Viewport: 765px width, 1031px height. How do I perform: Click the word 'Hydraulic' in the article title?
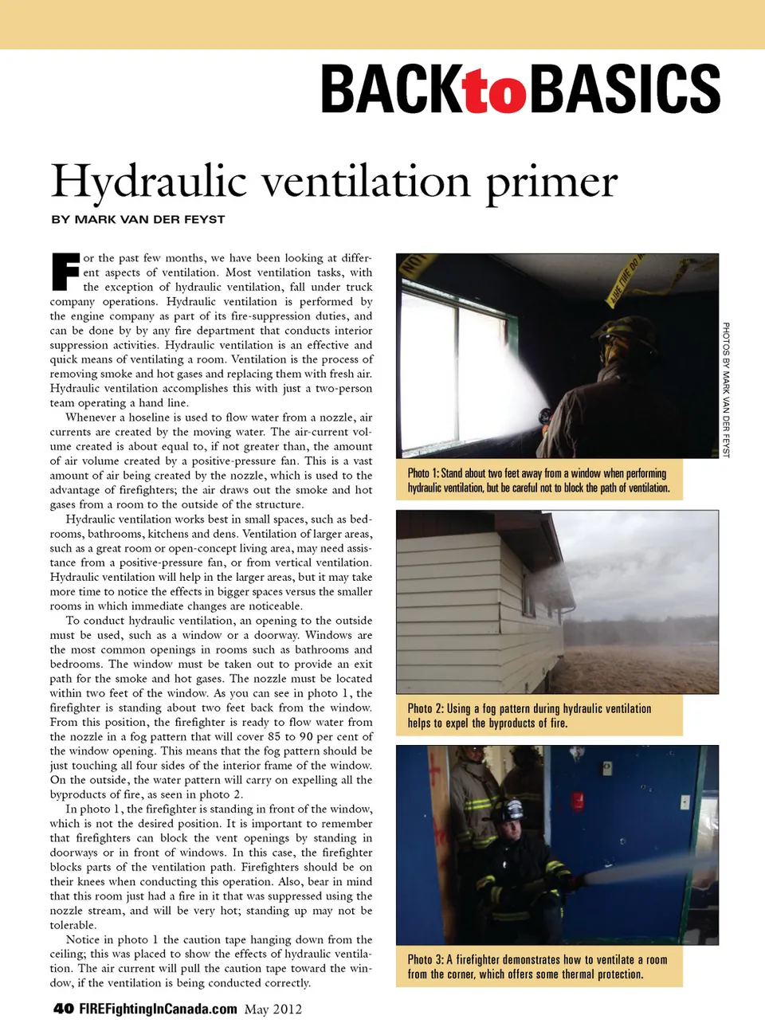pyautogui.click(x=149, y=182)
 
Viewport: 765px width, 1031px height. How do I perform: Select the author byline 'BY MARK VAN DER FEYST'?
pyautogui.click(x=138, y=219)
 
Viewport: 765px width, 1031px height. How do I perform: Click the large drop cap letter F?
pyautogui.click(x=65, y=272)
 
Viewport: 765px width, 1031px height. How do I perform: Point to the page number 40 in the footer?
pyautogui.click(x=64, y=1009)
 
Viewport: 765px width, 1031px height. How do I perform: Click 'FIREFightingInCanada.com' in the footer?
pyautogui.click(x=158, y=1009)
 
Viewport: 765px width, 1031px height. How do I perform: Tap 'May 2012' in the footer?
pyautogui.click(x=273, y=1009)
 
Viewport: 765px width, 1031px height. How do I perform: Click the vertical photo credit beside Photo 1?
pyautogui.click(x=726, y=390)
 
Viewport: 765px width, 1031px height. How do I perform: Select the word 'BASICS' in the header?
pyautogui.click(x=625, y=89)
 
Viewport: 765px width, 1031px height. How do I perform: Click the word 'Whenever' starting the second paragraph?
pyautogui.click(x=91, y=417)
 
